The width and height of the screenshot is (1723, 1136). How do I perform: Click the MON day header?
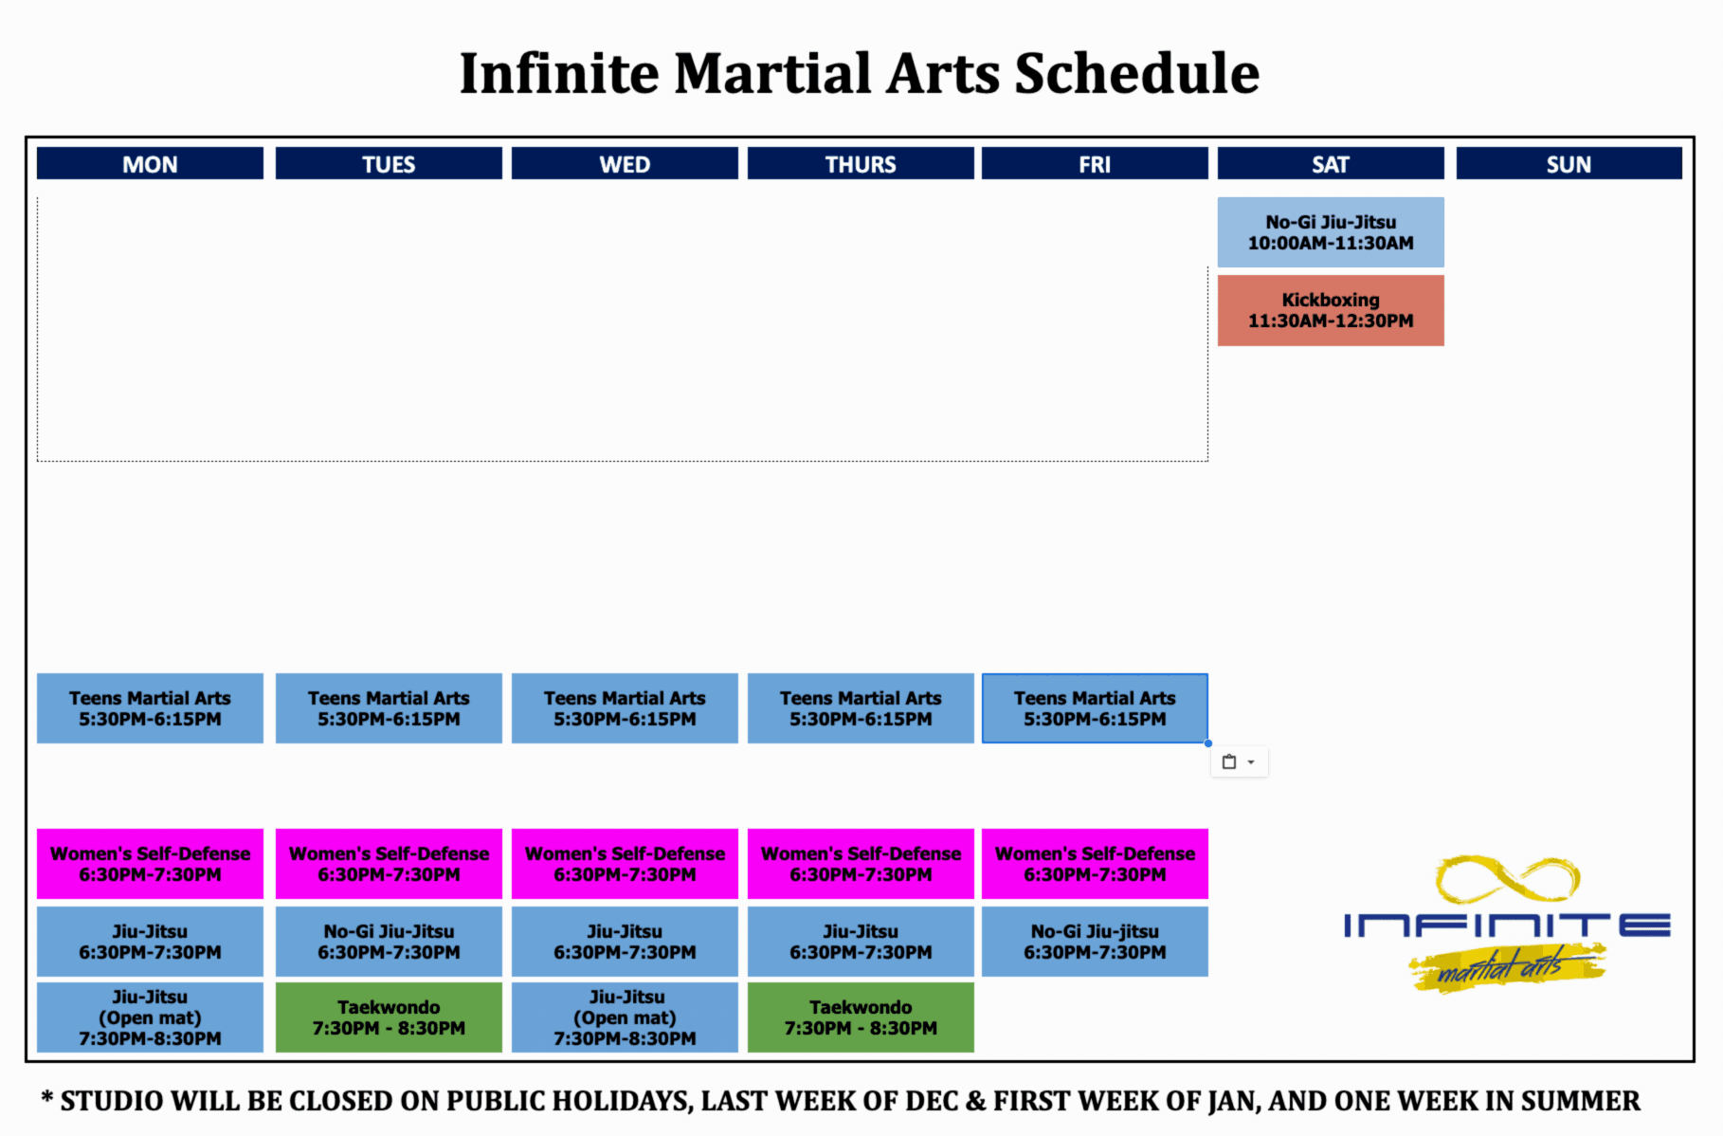click(x=150, y=163)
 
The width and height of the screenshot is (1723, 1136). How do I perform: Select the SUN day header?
click(x=1569, y=163)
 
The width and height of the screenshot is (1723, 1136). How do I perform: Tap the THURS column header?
click(x=861, y=163)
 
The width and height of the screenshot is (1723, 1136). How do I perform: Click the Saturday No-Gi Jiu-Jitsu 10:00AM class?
click(x=1331, y=232)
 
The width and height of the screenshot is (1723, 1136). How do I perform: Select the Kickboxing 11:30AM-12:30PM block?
click(x=1331, y=310)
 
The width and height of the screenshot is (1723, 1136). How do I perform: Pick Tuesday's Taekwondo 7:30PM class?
click(x=389, y=1017)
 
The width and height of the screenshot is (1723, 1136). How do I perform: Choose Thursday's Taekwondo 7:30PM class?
click(x=861, y=1017)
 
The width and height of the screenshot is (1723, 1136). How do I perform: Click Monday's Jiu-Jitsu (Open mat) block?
click(x=150, y=1017)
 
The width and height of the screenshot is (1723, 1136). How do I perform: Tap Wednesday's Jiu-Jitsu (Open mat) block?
click(x=625, y=1017)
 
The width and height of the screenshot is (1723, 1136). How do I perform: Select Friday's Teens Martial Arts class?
click(x=1095, y=708)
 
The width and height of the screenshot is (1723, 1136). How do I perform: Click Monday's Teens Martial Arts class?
click(x=150, y=708)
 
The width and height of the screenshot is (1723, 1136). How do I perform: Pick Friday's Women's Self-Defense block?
click(x=1095, y=864)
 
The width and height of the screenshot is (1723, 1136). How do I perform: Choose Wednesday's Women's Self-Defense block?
click(x=625, y=864)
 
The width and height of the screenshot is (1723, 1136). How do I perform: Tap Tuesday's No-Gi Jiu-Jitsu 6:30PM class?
click(x=389, y=942)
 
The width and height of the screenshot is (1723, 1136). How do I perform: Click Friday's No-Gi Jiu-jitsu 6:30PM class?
click(x=1095, y=942)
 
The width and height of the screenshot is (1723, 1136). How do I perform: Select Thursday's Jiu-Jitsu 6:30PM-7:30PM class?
click(x=861, y=942)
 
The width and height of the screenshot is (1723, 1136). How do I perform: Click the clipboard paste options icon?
click(x=1229, y=761)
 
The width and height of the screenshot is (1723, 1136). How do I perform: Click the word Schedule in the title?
click(x=1137, y=73)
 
